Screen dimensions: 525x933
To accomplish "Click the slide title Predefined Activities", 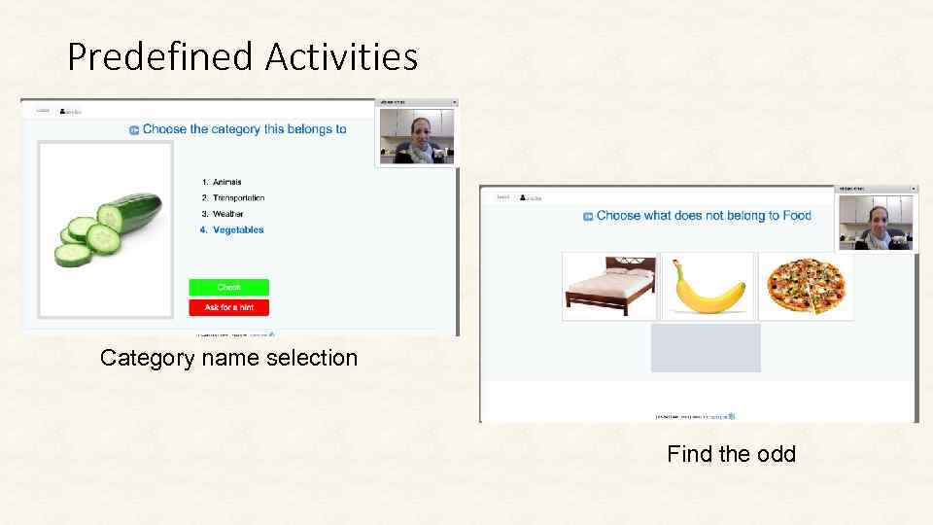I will pos(242,56).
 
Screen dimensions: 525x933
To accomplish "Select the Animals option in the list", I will pos(226,182).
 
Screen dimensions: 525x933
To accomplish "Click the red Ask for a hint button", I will pos(228,307).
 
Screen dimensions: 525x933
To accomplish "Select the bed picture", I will pos(609,286).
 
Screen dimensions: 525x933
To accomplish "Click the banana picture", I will pos(708,286).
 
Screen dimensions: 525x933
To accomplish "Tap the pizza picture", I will pos(806,286).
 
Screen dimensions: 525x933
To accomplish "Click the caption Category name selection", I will pos(229,358).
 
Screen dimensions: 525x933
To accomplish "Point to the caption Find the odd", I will pos(731,454).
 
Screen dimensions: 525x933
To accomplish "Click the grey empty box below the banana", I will pos(706,348).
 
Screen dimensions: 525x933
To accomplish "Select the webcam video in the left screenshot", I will pos(417,136).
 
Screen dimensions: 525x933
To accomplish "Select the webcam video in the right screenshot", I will pos(877,223).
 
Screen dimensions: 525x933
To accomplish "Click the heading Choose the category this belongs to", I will pos(244,128).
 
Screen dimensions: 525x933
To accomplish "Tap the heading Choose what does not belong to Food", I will pos(704,216).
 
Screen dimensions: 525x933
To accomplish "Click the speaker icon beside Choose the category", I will pos(134,129).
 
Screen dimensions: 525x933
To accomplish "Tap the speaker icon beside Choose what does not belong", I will pos(588,217).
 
